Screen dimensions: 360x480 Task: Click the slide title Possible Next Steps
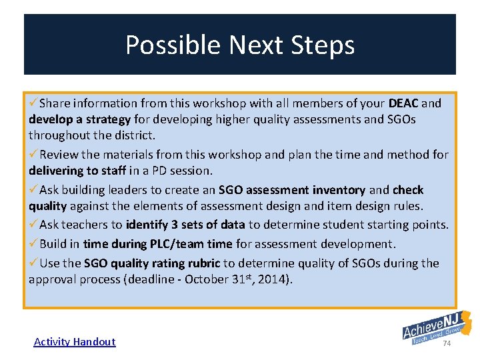point(240,45)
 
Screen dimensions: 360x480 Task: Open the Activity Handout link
point(75,342)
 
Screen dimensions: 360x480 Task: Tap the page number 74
point(447,343)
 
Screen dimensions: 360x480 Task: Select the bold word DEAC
point(403,103)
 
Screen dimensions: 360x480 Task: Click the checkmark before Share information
point(33,103)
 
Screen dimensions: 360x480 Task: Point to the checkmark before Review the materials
point(33,155)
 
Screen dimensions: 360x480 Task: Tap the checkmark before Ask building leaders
point(33,190)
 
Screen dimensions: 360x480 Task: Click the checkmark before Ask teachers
point(33,225)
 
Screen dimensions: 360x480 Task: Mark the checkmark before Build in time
point(33,244)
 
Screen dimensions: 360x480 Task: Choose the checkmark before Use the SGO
point(33,263)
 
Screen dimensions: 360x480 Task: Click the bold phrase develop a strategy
point(79,120)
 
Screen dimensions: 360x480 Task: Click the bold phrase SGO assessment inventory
point(292,191)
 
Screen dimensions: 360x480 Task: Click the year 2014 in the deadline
point(275,279)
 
